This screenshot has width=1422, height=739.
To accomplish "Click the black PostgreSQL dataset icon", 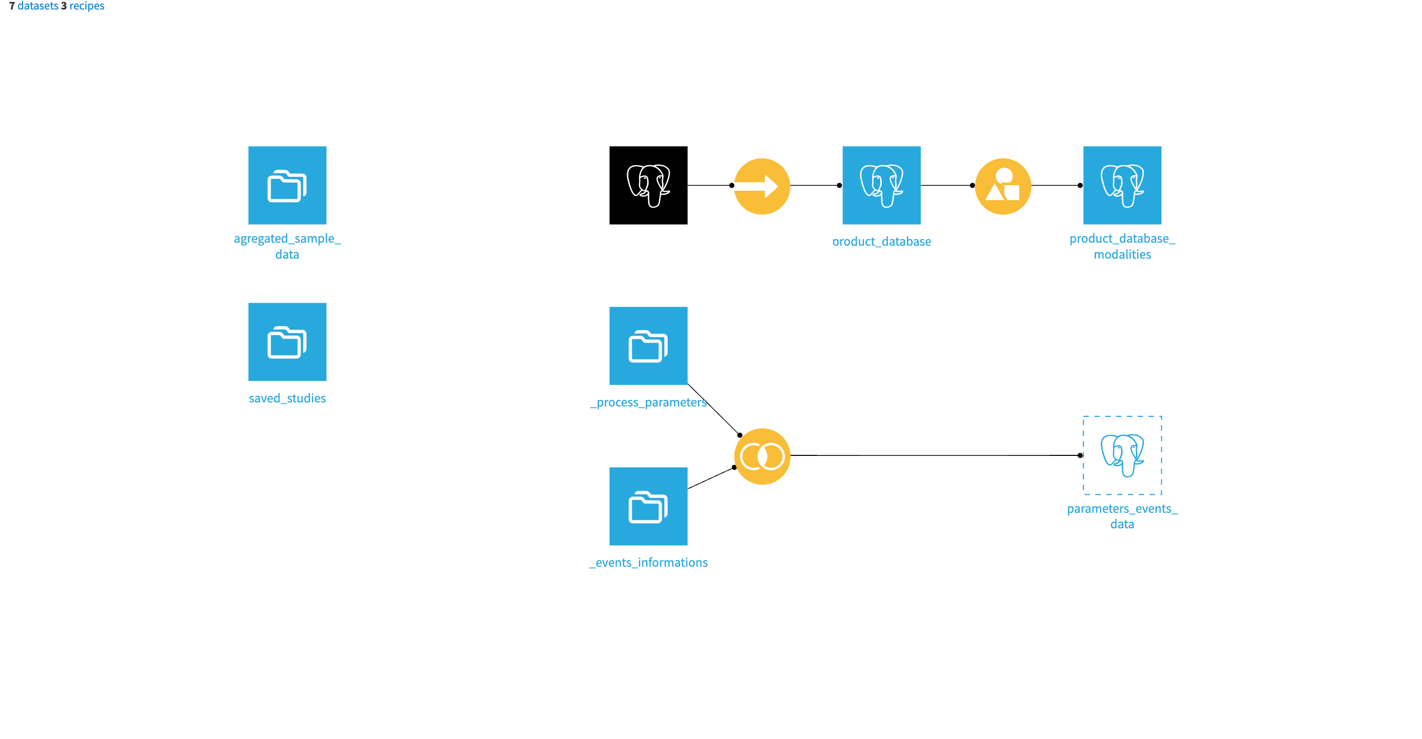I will click(x=648, y=185).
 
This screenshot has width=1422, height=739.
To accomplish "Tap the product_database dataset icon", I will click(x=881, y=185).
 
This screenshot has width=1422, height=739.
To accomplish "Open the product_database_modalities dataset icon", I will click(x=1122, y=185).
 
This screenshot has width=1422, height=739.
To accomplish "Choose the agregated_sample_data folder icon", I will click(x=287, y=185).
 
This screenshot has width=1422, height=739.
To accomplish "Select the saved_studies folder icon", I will click(x=287, y=342).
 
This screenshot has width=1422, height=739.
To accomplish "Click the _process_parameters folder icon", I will click(x=648, y=346).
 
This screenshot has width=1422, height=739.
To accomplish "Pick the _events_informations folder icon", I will click(x=648, y=506).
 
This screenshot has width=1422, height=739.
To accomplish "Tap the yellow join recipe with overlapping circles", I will click(x=762, y=456).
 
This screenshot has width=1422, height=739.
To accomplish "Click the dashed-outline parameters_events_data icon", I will click(x=1122, y=455).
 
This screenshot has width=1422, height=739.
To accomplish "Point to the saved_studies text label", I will click(x=287, y=398).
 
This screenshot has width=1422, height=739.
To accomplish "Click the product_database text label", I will click(x=881, y=242).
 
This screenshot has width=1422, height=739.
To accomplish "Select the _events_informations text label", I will click(x=648, y=562).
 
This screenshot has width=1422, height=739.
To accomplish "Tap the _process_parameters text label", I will click(x=648, y=402).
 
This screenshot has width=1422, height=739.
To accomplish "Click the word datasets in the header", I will click(x=37, y=6).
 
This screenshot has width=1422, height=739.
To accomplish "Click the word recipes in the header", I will click(x=87, y=6).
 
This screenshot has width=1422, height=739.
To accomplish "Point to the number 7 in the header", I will click(x=12, y=6).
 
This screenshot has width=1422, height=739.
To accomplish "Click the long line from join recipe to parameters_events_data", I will click(x=933, y=455).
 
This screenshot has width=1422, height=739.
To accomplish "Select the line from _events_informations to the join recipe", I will click(x=711, y=478).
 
